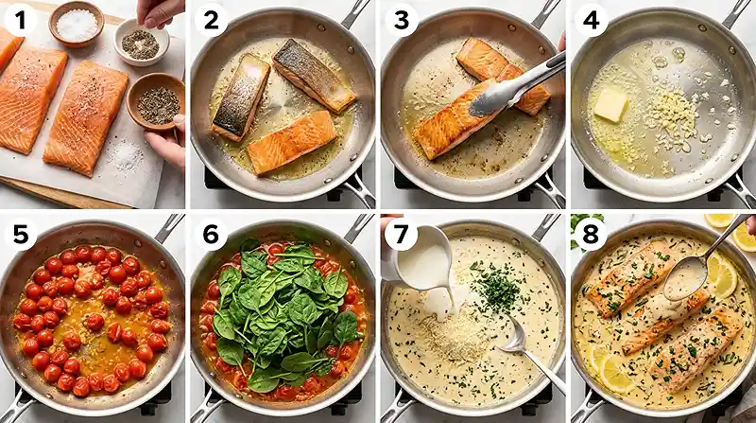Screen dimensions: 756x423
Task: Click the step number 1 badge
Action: point(20,20)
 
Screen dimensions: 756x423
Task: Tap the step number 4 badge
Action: point(591,20)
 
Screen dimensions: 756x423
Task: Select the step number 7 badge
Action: point(401,234)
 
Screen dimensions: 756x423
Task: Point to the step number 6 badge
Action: point(211,234)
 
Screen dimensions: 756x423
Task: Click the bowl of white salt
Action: point(77,24)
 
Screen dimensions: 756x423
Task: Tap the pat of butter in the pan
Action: point(610,105)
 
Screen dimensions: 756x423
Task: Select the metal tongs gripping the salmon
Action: point(516,85)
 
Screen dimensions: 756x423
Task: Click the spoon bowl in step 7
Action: point(512,338)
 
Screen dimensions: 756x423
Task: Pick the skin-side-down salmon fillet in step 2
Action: point(292,142)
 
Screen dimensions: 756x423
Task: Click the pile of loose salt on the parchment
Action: point(127,155)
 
